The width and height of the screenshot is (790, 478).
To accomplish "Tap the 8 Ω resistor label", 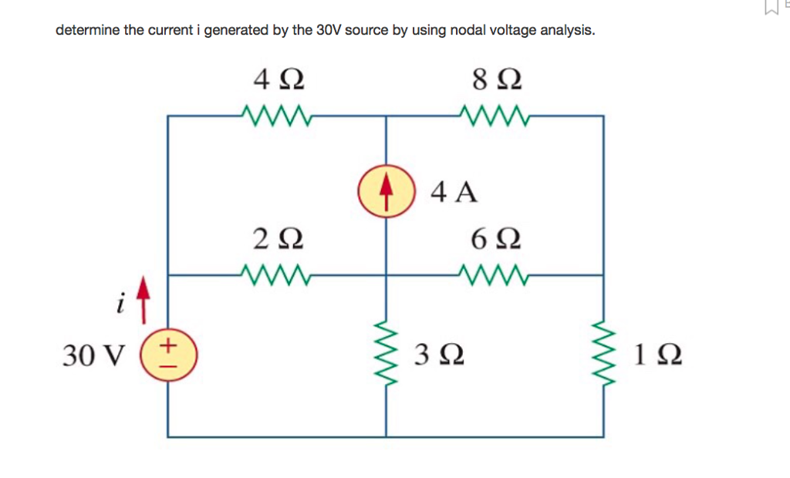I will click(x=495, y=79).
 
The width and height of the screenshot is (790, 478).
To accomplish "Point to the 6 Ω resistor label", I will click(x=495, y=238).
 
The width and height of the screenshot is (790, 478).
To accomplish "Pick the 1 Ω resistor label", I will click(x=657, y=355).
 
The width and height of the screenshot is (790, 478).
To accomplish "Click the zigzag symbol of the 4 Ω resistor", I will click(x=276, y=116).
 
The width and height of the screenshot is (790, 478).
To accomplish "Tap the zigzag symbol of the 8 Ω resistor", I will click(x=494, y=116).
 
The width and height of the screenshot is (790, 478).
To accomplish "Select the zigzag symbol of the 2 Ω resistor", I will click(x=276, y=274).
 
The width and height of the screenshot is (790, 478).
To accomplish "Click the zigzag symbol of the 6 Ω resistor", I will click(x=494, y=274).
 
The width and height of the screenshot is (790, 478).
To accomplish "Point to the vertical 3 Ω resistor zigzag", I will click(x=386, y=355).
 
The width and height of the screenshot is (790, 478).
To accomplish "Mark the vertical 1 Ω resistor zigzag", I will click(x=603, y=355).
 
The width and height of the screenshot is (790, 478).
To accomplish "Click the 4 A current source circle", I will click(x=385, y=190).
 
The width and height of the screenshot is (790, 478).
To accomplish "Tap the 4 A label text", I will click(x=454, y=191).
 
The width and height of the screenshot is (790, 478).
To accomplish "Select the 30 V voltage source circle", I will click(x=169, y=355).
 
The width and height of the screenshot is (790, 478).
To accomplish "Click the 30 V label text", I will click(x=93, y=355).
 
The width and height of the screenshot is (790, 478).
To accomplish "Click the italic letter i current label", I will click(x=120, y=305).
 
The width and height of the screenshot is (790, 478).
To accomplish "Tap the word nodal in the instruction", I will click(x=456, y=31).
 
